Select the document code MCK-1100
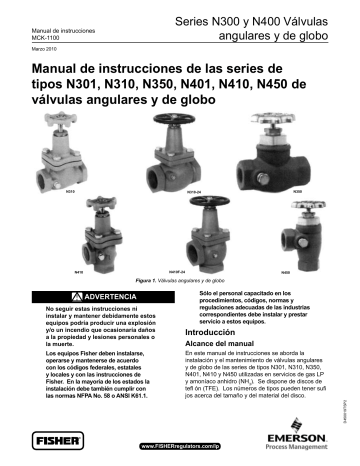click(x=37, y=37)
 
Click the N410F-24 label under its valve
click(x=195, y=270)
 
